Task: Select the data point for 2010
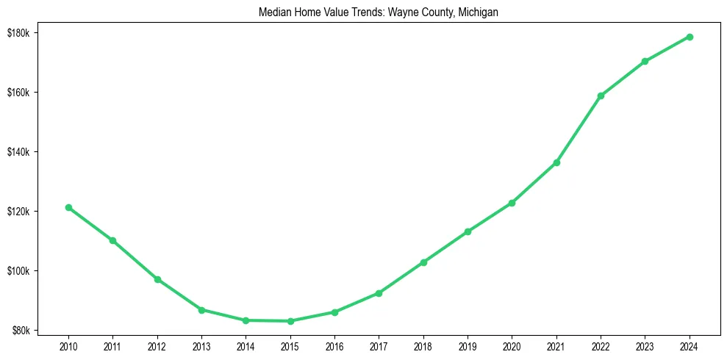pyautogui.click(x=68, y=207)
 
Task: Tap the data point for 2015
pyautogui.click(x=290, y=321)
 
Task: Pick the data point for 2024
pyautogui.click(x=690, y=37)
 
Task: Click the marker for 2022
pyautogui.click(x=601, y=96)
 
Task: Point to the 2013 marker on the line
pyautogui.click(x=201, y=310)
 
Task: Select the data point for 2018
pyautogui.click(x=423, y=262)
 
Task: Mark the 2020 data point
pyautogui.click(x=512, y=203)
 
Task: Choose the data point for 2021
pyautogui.click(x=556, y=162)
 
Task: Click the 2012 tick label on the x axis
pyautogui.click(x=157, y=345)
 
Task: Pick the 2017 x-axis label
pyautogui.click(x=379, y=345)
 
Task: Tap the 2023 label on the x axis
pyautogui.click(x=645, y=345)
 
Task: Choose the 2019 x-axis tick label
pyautogui.click(x=468, y=345)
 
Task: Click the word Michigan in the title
pyautogui.click(x=478, y=12)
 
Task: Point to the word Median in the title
pyautogui.click(x=273, y=12)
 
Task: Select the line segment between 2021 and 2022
pyautogui.click(x=579, y=129)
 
